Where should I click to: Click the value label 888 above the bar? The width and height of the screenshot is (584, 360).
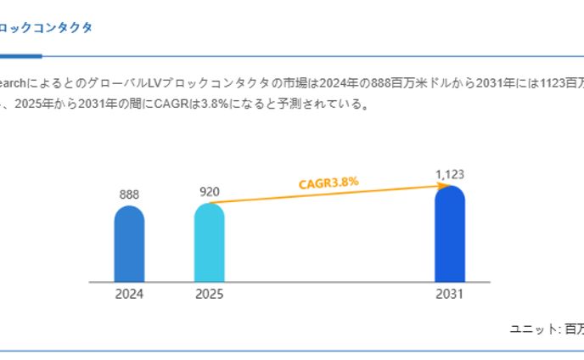129,194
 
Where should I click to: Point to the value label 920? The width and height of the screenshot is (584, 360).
210,192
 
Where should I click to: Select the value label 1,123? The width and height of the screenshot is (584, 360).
450,175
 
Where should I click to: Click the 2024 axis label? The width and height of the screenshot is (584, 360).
129,295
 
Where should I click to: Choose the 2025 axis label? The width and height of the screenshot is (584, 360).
210,295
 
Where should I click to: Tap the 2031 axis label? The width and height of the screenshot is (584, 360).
450,295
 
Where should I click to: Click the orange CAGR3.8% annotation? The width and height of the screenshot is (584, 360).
329,182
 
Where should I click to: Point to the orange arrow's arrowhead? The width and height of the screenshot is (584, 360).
441,186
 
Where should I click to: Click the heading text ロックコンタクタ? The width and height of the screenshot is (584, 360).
46,27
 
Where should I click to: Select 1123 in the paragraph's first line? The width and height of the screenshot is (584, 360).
553,83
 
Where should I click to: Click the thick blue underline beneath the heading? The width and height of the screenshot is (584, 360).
20,56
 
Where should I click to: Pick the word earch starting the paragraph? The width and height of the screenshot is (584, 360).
15,83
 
